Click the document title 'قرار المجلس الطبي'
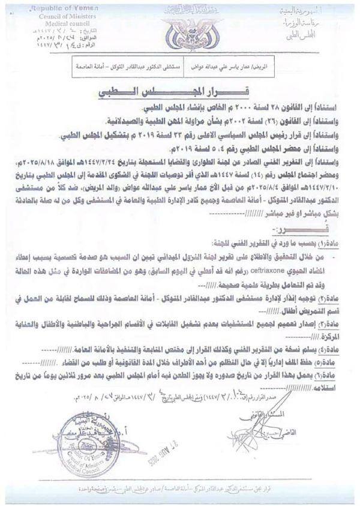click(179, 94)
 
